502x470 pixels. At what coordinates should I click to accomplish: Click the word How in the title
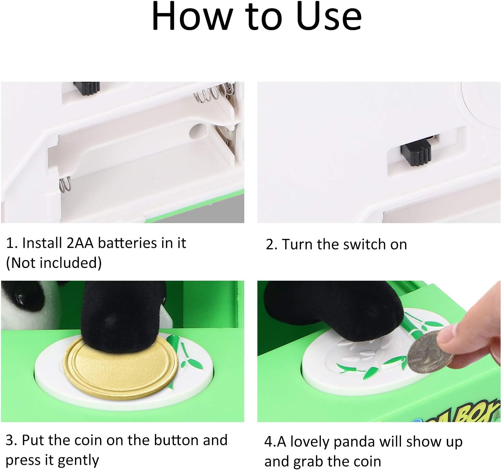click(x=193, y=17)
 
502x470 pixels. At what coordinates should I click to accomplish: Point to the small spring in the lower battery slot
click(x=65, y=184)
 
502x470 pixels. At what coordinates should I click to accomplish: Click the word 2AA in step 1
click(x=80, y=243)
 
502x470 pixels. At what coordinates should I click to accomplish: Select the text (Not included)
click(x=53, y=263)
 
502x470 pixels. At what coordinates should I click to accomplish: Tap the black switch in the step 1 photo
click(x=87, y=88)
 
